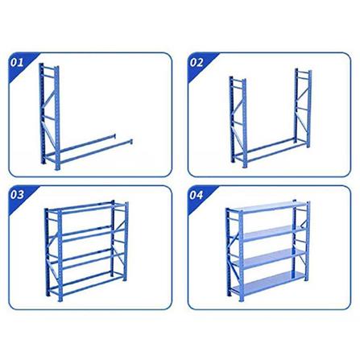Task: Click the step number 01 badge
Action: click(17, 61)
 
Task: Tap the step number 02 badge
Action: click(197, 61)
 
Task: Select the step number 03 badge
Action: click(17, 194)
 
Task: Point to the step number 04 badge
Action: click(197, 194)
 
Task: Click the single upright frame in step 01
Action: click(49, 113)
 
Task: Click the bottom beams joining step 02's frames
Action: click(270, 147)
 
